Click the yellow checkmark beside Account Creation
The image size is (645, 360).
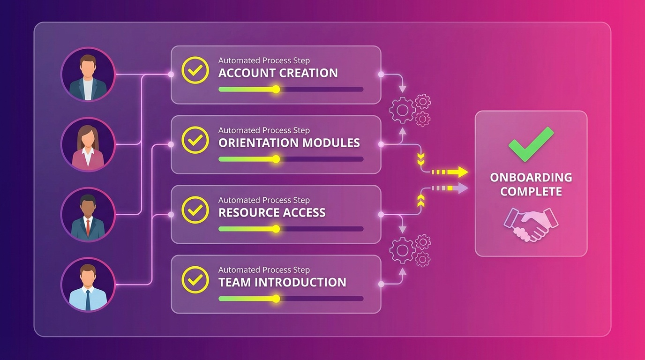pos(195,70)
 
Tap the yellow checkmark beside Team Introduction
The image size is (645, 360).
pos(195,280)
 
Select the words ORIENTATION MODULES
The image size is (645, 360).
pos(289,143)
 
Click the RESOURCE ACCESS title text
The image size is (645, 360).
pos(272,213)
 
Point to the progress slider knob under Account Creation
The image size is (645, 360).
pos(276,89)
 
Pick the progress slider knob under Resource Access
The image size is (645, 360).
pos(276,229)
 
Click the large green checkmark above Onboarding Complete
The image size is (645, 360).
pos(531,144)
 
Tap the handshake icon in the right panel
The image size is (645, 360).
pos(531,224)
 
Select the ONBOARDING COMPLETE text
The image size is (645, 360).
pos(531,184)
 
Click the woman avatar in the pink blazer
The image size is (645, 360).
pos(88,144)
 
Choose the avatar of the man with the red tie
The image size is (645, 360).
pos(88,214)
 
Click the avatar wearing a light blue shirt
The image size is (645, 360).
pos(88,285)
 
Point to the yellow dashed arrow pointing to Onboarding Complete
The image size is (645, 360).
pos(450,172)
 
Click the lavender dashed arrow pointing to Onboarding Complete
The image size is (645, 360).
pos(450,188)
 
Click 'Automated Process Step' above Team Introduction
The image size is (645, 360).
pos(264,270)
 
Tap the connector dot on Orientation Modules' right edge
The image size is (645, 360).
pos(381,145)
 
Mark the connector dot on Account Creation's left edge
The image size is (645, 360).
pos(171,75)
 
